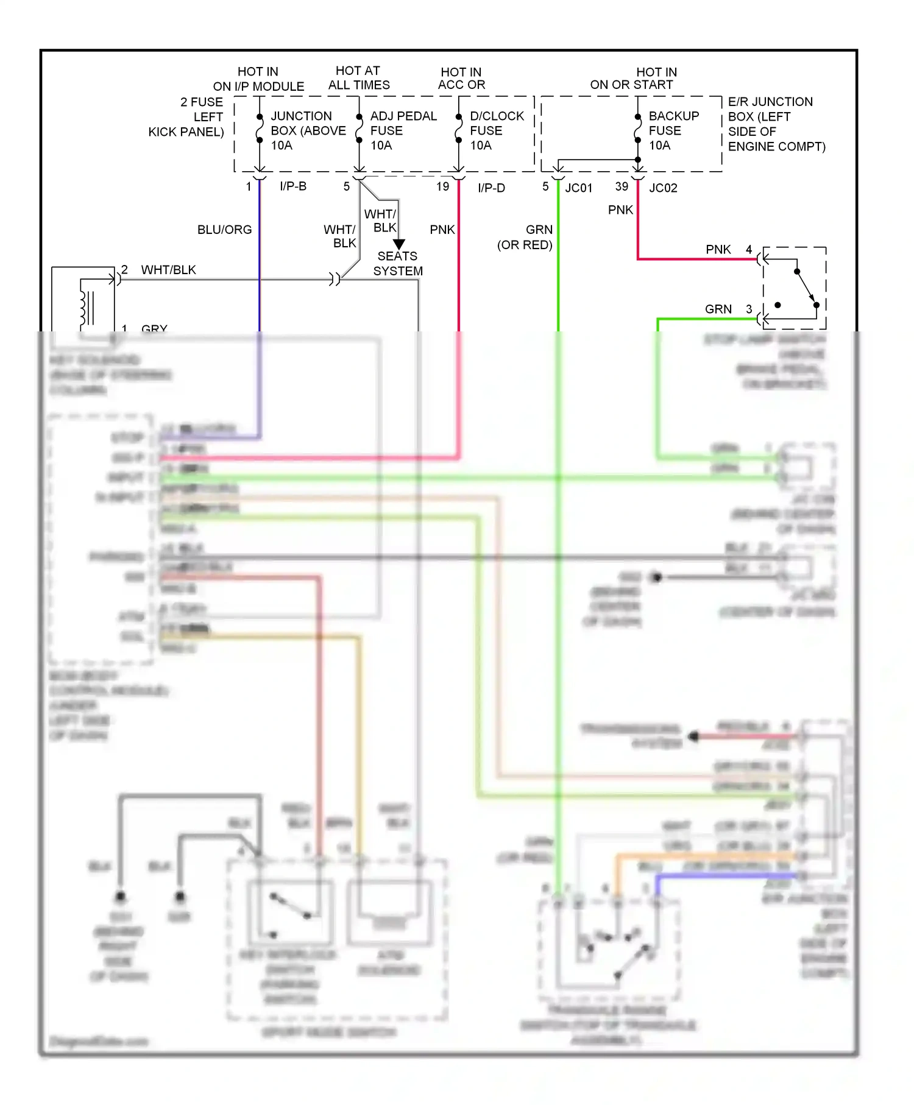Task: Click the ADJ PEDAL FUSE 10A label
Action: (x=403, y=130)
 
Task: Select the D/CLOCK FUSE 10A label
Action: (x=496, y=130)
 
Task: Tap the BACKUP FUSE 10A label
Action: (x=673, y=130)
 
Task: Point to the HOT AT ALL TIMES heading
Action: (x=359, y=78)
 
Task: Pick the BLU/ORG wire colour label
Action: (x=224, y=230)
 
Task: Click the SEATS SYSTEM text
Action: (x=398, y=264)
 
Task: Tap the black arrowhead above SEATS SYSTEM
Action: (x=399, y=244)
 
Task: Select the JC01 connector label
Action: (x=578, y=188)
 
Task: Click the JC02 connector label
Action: (x=663, y=188)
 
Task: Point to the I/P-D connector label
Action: (x=491, y=188)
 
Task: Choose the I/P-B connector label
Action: (x=293, y=186)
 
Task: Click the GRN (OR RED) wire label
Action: (x=525, y=238)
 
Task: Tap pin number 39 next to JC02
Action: (x=622, y=186)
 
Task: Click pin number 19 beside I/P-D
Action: (x=443, y=186)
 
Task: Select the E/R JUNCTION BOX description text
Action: (x=776, y=124)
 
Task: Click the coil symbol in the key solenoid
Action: (x=83, y=308)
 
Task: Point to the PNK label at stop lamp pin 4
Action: (x=718, y=250)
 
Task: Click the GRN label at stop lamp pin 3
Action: (x=718, y=309)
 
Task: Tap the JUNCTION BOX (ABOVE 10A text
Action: (x=308, y=130)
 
